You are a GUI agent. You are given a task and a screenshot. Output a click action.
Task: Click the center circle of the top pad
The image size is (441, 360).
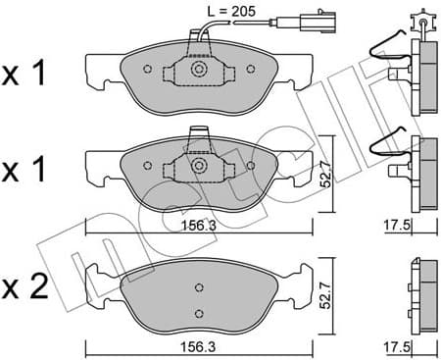pos(199,70)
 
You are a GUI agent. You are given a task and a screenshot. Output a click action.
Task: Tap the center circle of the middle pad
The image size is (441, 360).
pos(199,167)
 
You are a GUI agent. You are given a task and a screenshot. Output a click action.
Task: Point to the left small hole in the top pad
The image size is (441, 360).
pos(147,70)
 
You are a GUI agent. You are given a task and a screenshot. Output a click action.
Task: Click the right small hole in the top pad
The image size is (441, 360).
pos(251,70)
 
